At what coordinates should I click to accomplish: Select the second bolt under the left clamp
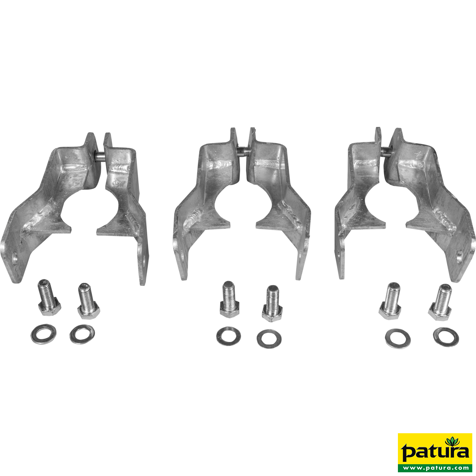click(88, 301)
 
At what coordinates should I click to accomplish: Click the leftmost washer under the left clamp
click(43, 334)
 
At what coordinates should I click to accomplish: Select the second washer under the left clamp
click(82, 334)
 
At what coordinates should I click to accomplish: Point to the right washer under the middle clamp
click(269, 338)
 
